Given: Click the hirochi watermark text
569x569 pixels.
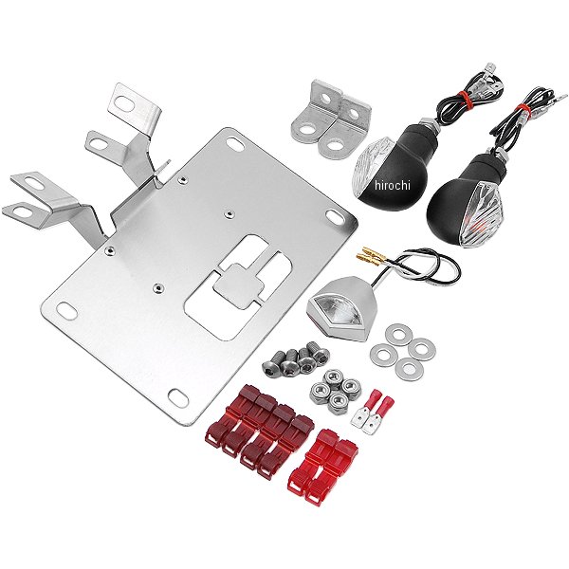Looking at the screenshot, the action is [393, 186].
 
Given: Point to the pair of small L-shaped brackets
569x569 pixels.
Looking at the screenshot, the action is [331, 120].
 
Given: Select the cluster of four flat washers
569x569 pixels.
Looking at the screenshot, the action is [403, 351].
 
